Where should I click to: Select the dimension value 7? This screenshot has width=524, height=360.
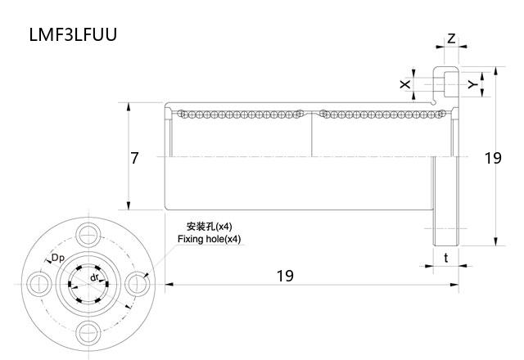click(135, 158)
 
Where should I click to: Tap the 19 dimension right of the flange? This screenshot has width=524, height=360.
click(492, 158)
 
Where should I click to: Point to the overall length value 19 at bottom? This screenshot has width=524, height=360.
click(284, 276)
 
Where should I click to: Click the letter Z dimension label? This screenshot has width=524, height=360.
click(451, 38)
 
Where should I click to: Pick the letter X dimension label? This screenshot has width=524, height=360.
click(404, 84)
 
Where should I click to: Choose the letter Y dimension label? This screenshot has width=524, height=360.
click(472, 83)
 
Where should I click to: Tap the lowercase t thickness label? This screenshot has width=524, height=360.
click(445, 257)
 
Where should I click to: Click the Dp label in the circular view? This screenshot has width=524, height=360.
click(58, 259)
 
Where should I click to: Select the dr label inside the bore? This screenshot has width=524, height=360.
click(95, 278)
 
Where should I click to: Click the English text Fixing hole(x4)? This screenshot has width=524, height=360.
click(210, 239)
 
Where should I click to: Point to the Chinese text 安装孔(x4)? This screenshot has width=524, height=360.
click(210, 227)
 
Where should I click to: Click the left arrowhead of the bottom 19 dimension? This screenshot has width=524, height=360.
click(169, 284)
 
